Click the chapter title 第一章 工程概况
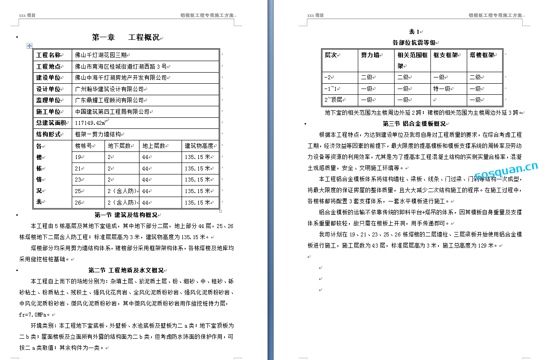126,38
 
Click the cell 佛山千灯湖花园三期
101,55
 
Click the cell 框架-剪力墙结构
98,134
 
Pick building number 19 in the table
78,157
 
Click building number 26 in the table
78,202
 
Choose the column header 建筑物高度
199,146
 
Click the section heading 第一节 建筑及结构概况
126,215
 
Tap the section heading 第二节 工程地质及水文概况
126,270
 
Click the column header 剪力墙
370,55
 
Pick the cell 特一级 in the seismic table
442,89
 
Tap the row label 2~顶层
333,100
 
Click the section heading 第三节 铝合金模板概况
414,124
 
